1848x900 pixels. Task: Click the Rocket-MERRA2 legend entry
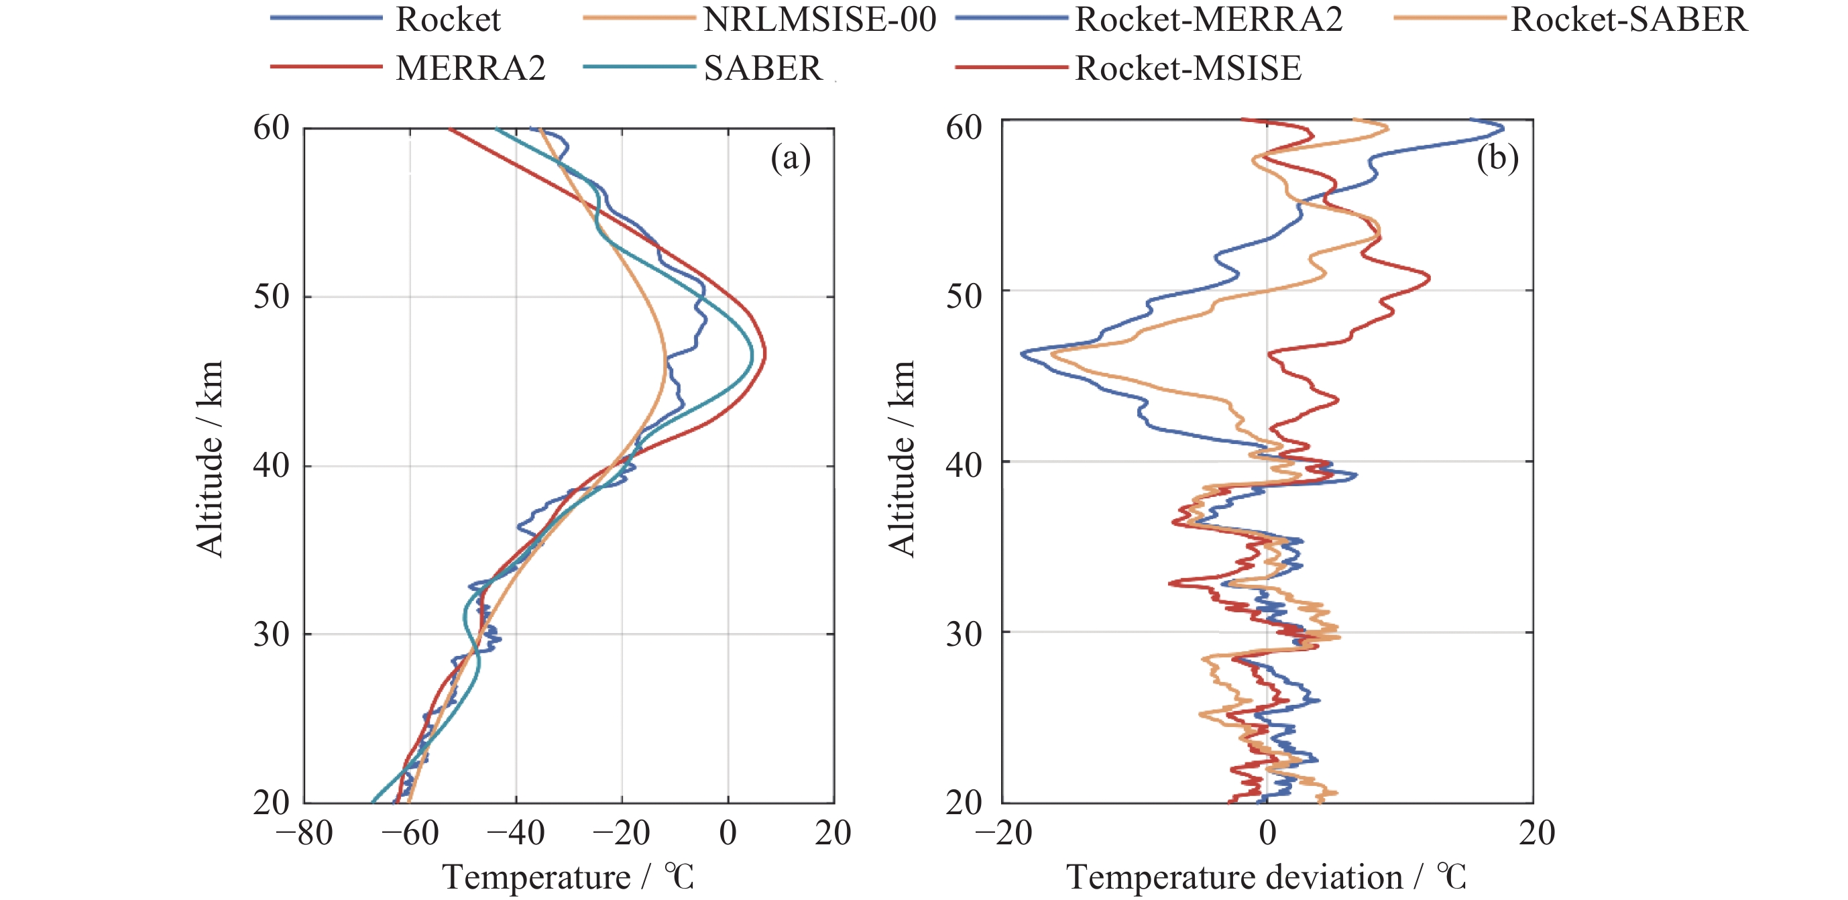1208,19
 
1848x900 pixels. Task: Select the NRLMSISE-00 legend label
819,19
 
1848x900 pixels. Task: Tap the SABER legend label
762,68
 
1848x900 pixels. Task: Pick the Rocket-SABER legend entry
1629,19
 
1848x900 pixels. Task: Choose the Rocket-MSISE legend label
1188,68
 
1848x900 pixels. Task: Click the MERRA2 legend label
471,68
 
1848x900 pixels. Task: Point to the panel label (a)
790,157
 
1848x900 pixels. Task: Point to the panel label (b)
1497,157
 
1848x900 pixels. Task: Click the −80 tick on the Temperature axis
304,833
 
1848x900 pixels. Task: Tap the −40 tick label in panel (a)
516,833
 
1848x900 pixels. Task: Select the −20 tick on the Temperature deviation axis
1003,833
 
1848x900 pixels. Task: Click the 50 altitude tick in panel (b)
964,295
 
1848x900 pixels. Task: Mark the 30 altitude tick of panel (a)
271,634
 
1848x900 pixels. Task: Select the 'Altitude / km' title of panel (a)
210,459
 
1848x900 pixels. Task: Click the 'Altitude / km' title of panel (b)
902,459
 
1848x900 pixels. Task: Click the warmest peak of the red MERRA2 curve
764,353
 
